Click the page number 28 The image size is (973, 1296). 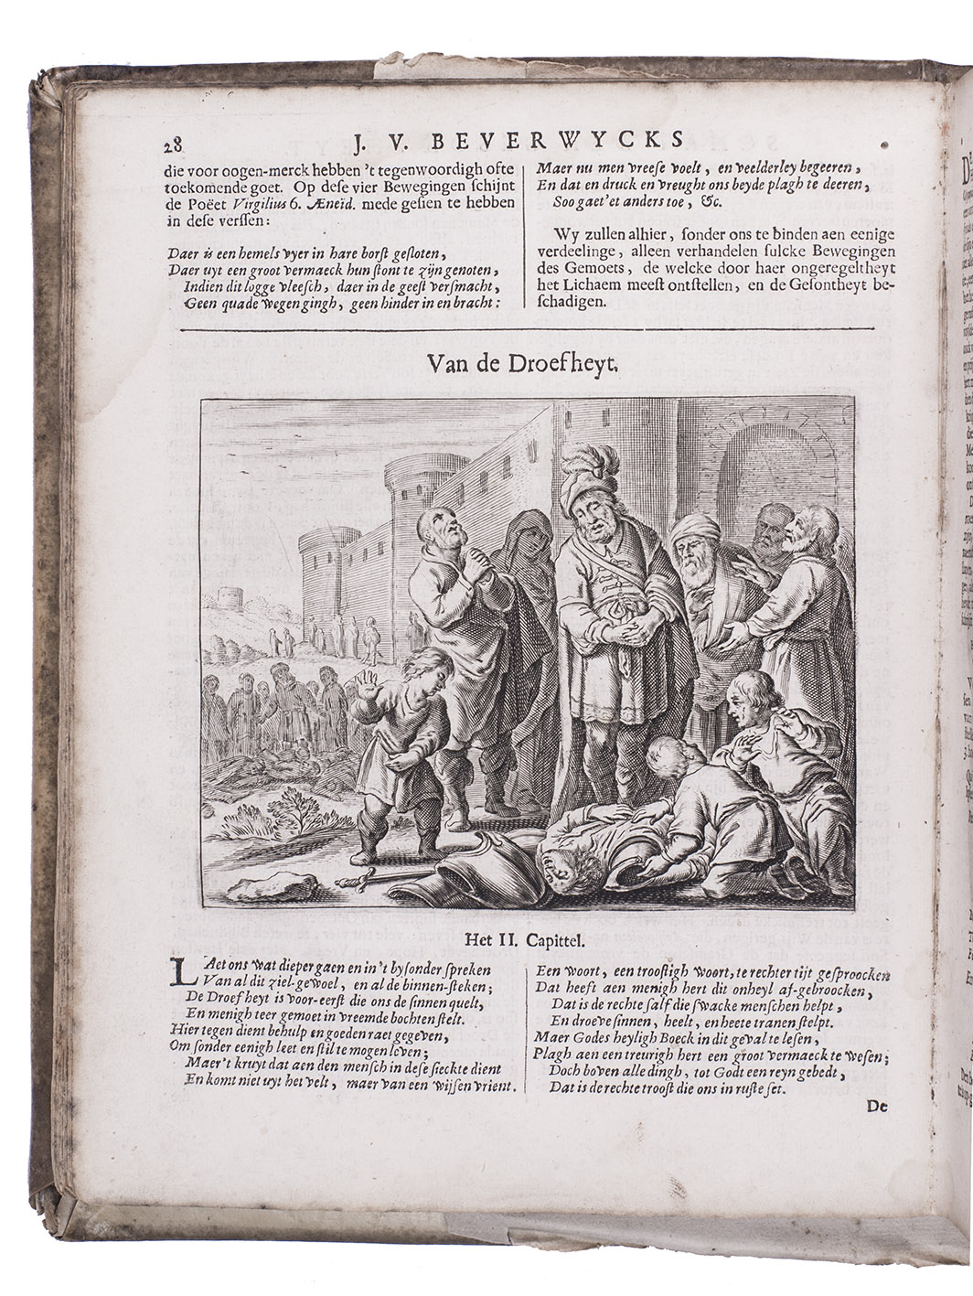(x=174, y=145)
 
